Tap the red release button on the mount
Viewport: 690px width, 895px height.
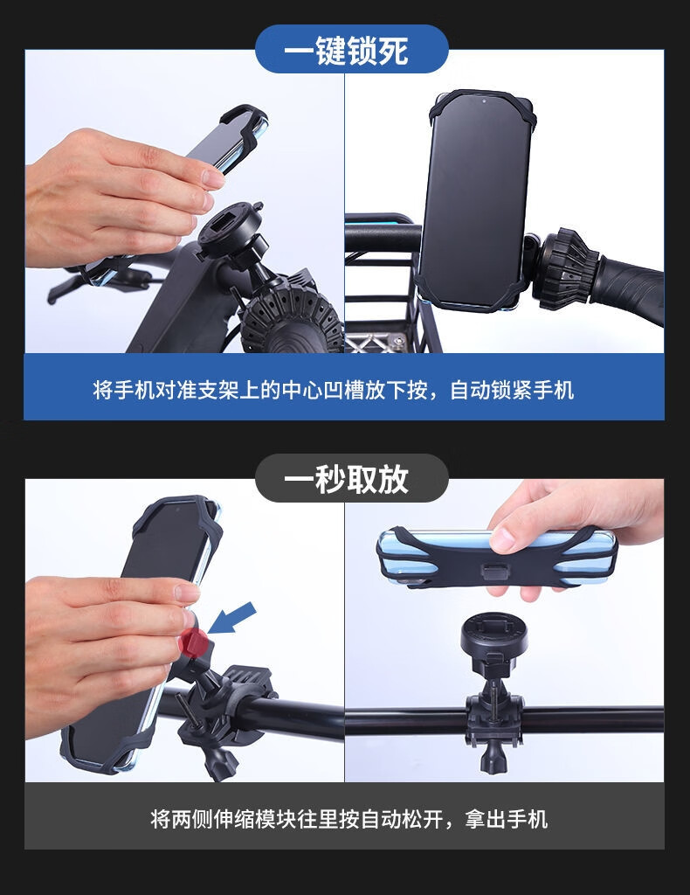pos(193,642)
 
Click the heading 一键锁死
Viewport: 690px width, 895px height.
pos(346,50)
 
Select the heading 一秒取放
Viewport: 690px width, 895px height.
pos(346,478)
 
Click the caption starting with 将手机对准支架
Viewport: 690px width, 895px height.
pos(334,391)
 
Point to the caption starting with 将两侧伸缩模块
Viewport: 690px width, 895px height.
pos(349,819)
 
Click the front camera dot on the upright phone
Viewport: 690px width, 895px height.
pos(484,101)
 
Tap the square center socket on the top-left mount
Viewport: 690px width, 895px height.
pos(224,219)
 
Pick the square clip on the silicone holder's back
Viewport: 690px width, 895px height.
pos(494,572)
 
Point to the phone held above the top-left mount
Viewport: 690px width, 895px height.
pos(228,140)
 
